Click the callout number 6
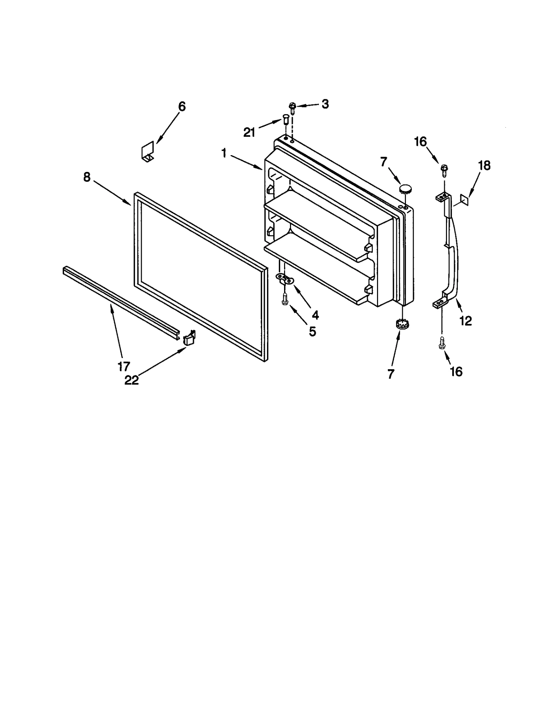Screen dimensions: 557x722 [182, 106]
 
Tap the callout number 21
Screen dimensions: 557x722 [249, 132]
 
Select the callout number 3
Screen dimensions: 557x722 [325, 104]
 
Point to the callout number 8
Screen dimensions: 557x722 [87, 177]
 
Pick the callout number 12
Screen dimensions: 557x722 [465, 320]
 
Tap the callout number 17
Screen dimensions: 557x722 [124, 366]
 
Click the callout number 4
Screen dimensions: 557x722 [315, 315]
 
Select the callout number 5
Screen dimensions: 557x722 [312, 332]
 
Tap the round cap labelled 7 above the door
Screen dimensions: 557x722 [405, 189]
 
